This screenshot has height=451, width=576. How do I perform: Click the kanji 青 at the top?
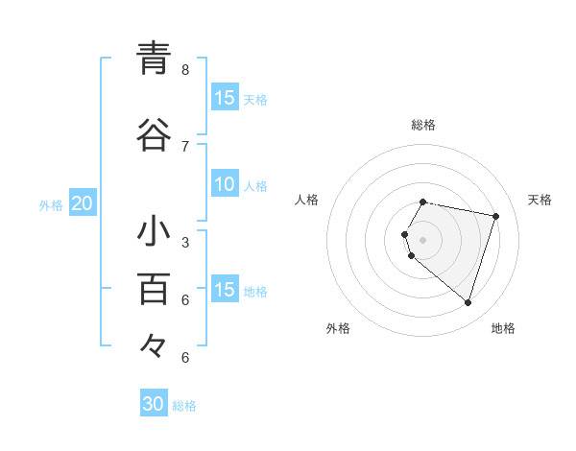pyautogui.click(x=154, y=59)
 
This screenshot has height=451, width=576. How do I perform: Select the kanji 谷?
pyautogui.click(x=154, y=135)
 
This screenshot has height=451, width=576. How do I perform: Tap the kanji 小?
pyautogui.click(x=154, y=232)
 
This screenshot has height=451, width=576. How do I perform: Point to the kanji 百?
pyautogui.click(x=154, y=288)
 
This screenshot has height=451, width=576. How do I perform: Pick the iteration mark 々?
pyautogui.click(x=154, y=344)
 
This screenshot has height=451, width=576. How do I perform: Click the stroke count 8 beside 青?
pyautogui.click(x=185, y=70)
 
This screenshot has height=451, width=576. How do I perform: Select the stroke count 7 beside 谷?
pyautogui.click(x=185, y=146)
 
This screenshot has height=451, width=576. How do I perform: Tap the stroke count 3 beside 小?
pyautogui.click(x=185, y=242)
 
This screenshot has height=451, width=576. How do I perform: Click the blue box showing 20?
pyautogui.click(x=83, y=202)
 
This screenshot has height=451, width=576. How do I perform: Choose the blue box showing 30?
pyautogui.click(x=154, y=404)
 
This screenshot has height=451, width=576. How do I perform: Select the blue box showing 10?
pyautogui.click(x=225, y=184)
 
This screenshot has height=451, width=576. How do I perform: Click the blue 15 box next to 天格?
pyautogui.click(x=225, y=98)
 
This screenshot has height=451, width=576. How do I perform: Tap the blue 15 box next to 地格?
pyautogui.click(x=225, y=290)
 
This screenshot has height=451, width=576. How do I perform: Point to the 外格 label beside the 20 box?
pyautogui.click(x=51, y=204)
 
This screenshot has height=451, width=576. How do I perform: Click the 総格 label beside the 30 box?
pyautogui.click(x=184, y=406)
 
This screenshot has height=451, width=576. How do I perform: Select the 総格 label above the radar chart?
pyautogui.click(x=423, y=125)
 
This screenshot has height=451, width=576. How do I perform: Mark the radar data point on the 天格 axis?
pyautogui.click(x=495, y=216)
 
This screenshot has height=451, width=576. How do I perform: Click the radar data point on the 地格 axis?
pyautogui.click(x=468, y=302)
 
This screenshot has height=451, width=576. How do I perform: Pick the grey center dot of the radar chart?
pyautogui.click(x=423, y=239)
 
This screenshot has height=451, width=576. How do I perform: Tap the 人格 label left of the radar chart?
pyautogui.click(x=306, y=200)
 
